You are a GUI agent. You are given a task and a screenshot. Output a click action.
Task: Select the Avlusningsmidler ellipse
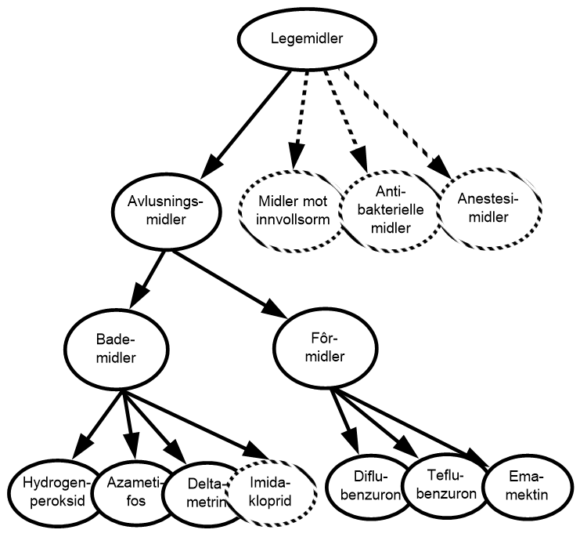[166, 211]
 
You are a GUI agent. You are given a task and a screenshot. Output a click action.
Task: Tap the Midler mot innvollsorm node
[292, 211]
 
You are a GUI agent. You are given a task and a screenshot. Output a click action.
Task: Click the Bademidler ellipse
[117, 349]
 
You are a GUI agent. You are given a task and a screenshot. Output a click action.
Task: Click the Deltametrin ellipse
[201, 494]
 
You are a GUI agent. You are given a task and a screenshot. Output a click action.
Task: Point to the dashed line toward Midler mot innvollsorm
[301, 106]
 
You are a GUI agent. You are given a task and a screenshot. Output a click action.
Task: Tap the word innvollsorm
[292, 220]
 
